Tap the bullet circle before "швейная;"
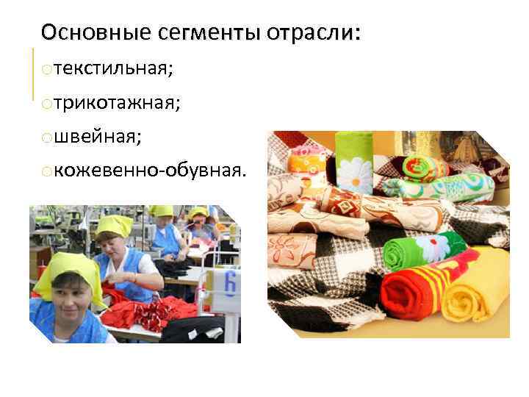point(46,138)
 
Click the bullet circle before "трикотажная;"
point(46,104)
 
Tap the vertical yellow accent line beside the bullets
point(34,74)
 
